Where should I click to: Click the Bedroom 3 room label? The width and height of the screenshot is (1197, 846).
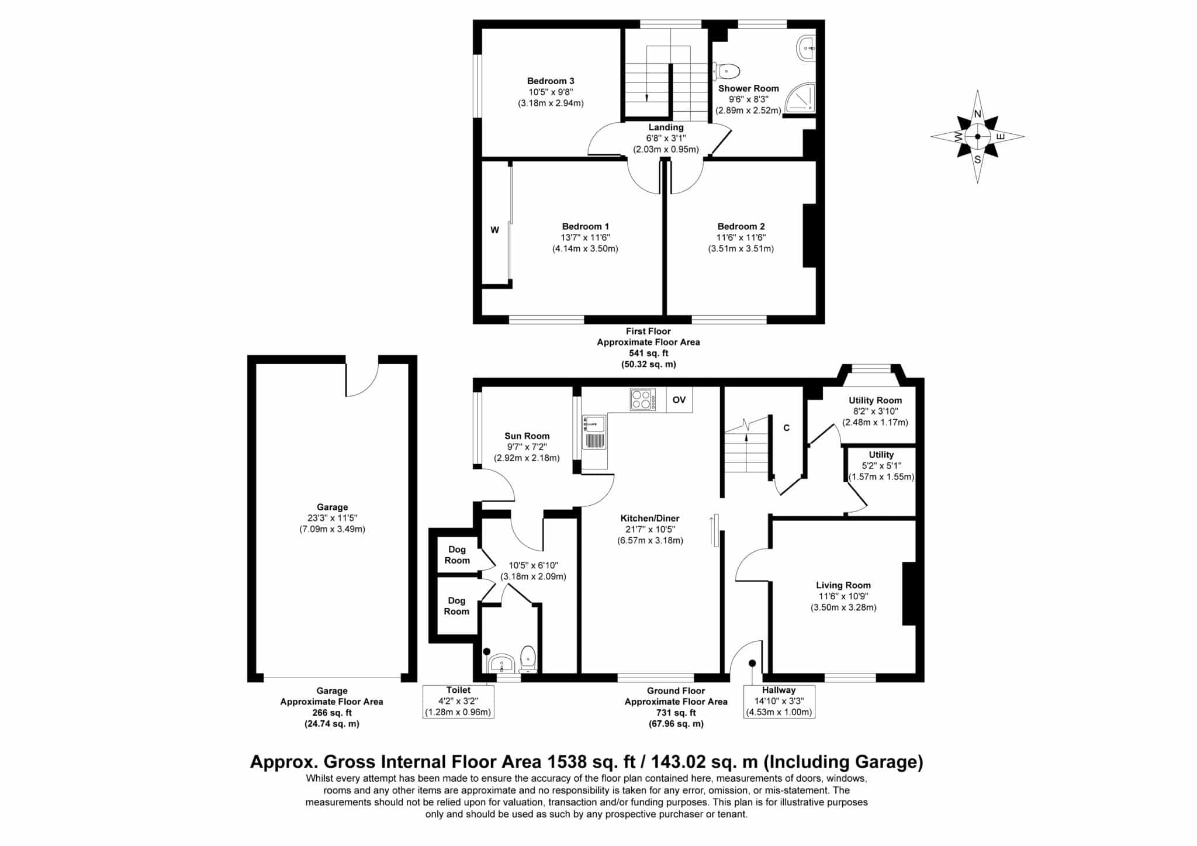coord(551,81)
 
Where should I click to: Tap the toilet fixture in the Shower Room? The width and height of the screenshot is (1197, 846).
coord(726,71)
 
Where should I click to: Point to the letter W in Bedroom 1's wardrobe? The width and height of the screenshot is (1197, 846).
coord(494,230)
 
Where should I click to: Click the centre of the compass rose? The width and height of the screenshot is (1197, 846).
coord(978,137)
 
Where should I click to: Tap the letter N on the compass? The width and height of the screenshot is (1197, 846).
coord(977,115)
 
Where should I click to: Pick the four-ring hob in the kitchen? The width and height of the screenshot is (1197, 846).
coord(643,400)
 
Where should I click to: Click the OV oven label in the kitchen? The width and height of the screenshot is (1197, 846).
coord(679,400)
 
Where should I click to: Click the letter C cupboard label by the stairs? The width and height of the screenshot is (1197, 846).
coord(787,428)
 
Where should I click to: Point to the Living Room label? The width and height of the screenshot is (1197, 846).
coord(843,585)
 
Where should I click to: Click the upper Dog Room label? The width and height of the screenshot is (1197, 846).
coord(457,555)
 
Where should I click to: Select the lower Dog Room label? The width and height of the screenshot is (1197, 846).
coord(456,606)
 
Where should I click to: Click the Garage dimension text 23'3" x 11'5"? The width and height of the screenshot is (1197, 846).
coord(332,518)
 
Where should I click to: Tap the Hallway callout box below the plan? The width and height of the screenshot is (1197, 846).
coord(779,702)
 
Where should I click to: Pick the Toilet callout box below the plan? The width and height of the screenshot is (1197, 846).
coord(458,701)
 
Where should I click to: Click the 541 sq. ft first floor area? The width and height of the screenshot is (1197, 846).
coord(648,353)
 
